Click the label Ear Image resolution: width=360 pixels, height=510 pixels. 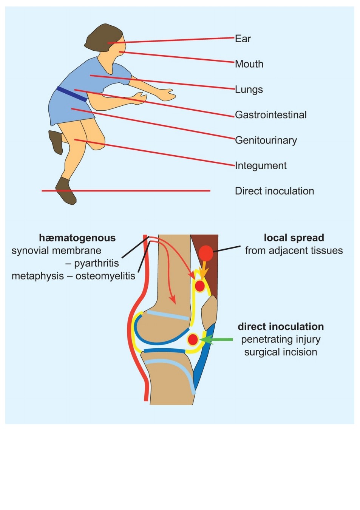click(x=243, y=39)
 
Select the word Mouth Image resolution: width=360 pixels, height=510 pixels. click(x=249, y=64)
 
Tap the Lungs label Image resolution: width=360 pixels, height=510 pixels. click(x=249, y=90)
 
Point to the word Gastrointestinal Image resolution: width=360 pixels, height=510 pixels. click(x=271, y=115)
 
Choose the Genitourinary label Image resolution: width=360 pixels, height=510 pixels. click(x=266, y=141)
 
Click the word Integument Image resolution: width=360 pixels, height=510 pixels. click(x=261, y=166)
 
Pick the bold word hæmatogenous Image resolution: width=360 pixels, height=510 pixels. click(x=77, y=238)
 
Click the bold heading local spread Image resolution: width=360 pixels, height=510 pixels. click(x=294, y=238)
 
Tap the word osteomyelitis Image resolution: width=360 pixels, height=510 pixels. click(x=105, y=276)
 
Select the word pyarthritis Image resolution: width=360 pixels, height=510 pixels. click(x=97, y=264)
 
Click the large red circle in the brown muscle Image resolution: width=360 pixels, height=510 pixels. click(x=206, y=253)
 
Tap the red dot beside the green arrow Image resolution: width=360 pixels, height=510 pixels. click(x=193, y=340)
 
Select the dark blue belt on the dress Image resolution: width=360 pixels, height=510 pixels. click(x=72, y=94)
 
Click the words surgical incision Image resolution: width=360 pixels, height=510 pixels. click(x=281, y=352)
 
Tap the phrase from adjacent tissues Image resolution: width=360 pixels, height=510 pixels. click(x=294, y=251)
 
